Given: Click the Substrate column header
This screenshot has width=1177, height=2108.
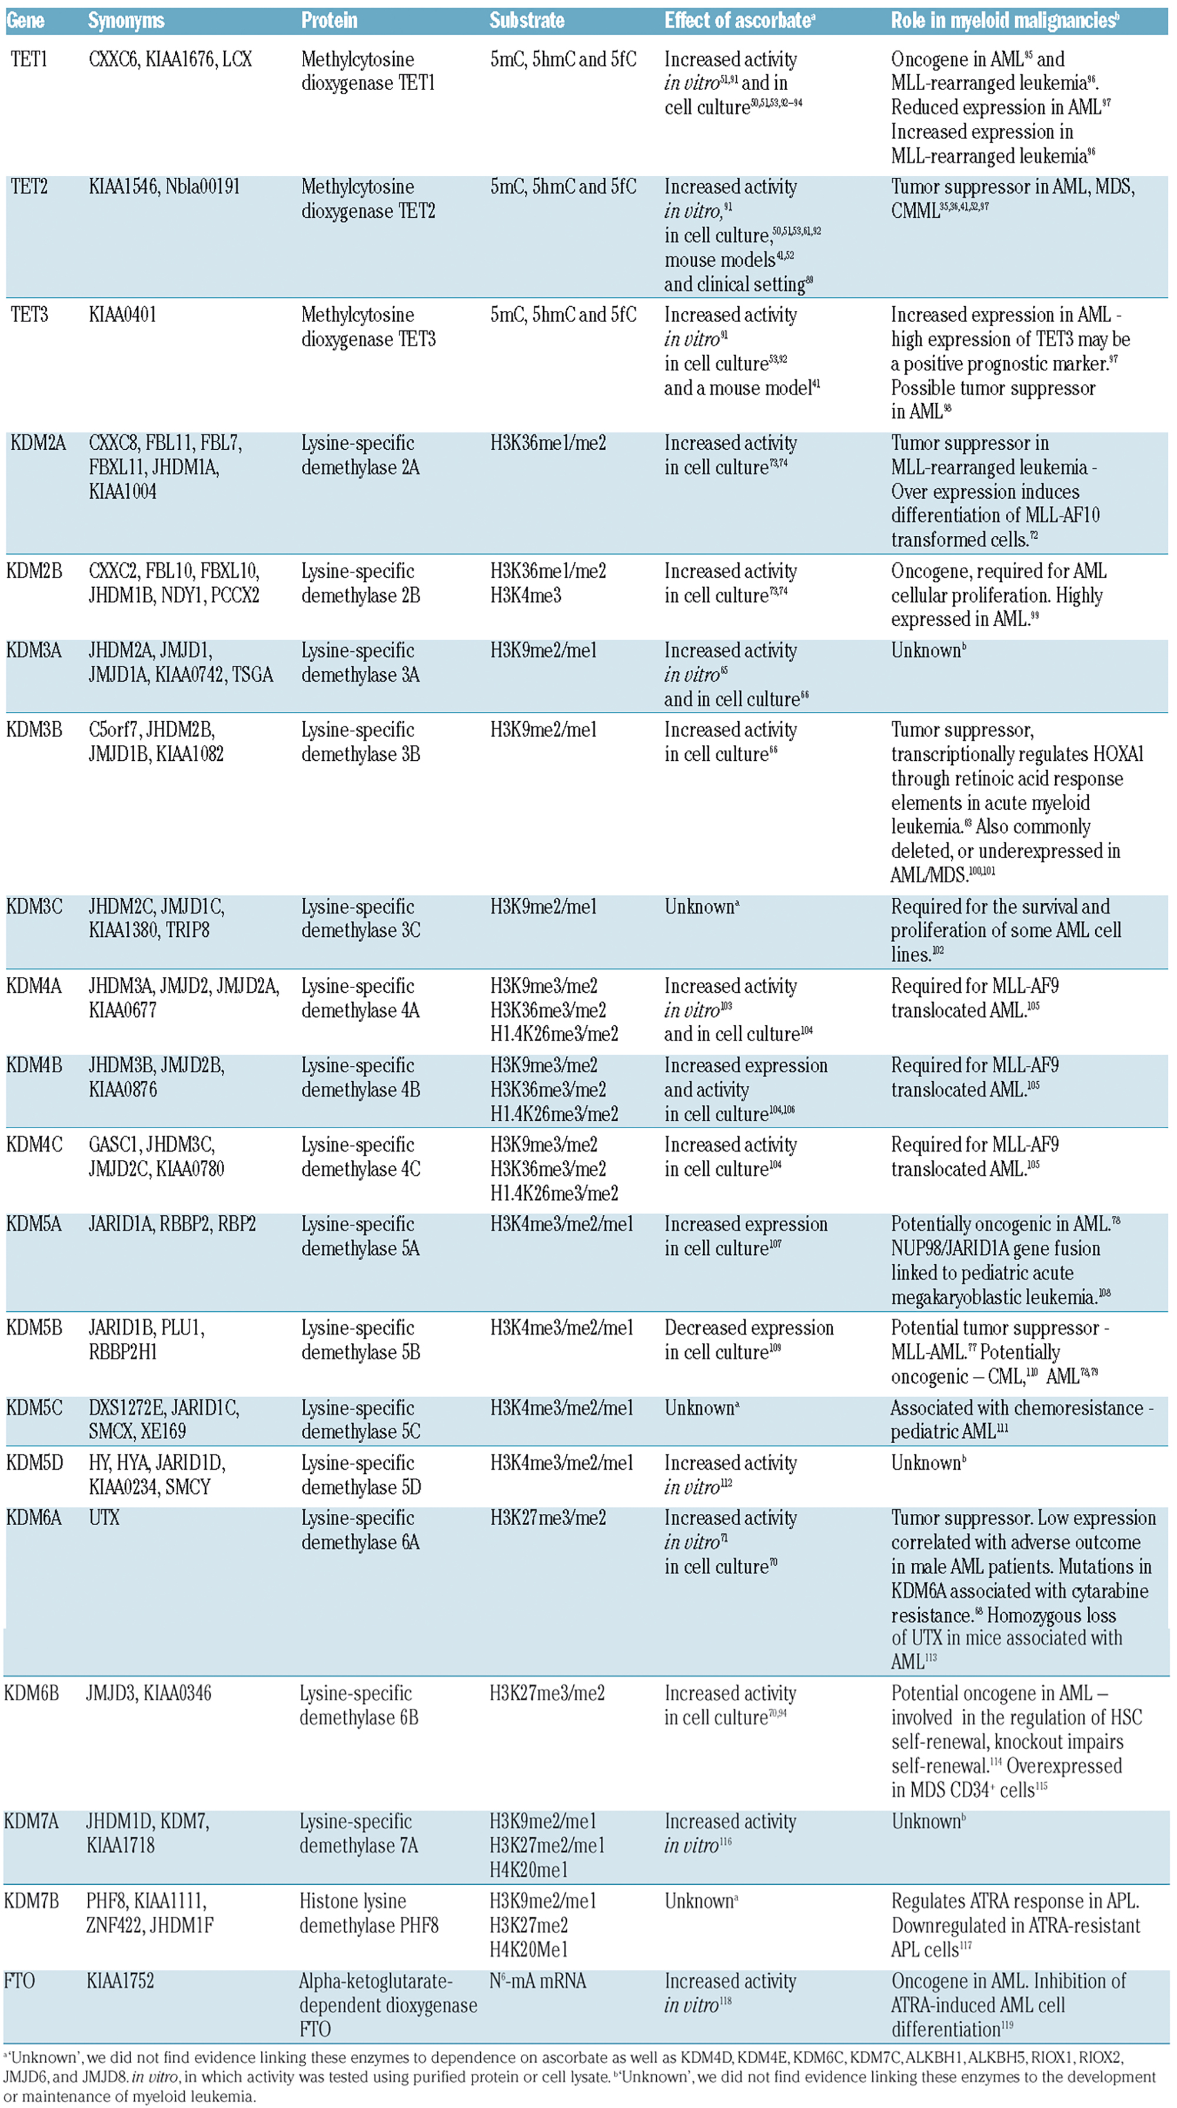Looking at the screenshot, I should (x=526, y=21).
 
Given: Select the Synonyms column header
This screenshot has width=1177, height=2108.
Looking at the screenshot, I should (x=126, y=21).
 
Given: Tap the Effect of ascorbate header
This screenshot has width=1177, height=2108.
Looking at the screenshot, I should (x=739, y=21).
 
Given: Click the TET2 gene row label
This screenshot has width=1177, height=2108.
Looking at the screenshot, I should (x=29, y=187).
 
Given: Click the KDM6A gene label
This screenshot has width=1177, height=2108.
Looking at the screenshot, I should (x=34, y=1517).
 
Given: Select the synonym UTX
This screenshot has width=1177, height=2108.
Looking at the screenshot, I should (x=104, y=1517).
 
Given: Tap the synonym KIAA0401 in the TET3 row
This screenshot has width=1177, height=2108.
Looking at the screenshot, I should (x=122, y=314).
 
